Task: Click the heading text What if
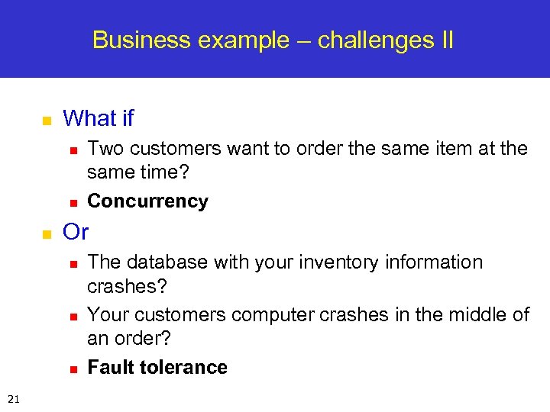click(98, 118)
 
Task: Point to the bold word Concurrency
click(147, 201)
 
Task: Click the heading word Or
click(76, 230)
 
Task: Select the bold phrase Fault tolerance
click(157, 367)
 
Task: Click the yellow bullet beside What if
click(45, 121)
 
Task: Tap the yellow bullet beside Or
click(45, 233)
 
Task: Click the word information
click(434, 262)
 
